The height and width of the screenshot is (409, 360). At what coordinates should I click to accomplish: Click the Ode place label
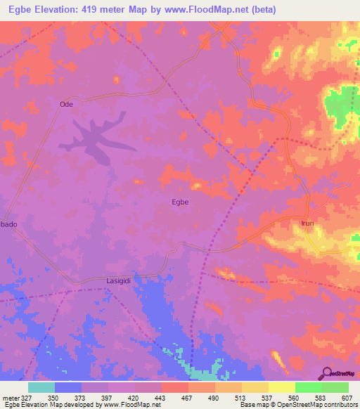(x=67, y=104)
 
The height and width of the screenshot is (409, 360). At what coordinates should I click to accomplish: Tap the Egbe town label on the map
(x=180, y=202)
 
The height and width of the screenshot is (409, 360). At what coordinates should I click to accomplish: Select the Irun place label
(x=307, y=223)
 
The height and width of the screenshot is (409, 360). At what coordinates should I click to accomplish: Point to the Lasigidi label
(x=120, y=279)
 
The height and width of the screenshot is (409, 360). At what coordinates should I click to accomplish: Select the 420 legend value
(x=134, y=397)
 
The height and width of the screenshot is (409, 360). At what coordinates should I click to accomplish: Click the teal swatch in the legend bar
(x=41, y=387)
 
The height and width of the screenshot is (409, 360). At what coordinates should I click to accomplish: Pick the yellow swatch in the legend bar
(x=281, y=387)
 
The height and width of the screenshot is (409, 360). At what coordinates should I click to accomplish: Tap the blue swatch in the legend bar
(x=68, y=387)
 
